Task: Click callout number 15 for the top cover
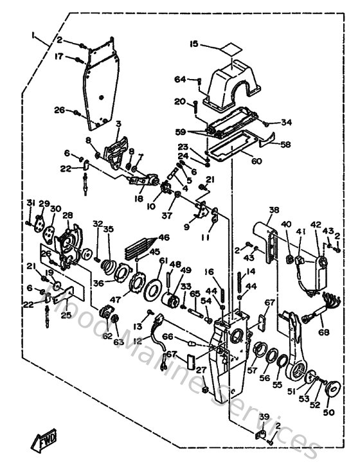click(x=194, y=45)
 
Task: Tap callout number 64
click(x=180, y=79)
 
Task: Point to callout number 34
click(x=286, y=122)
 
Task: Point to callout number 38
click(x=274, y=210)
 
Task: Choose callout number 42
click(x=316, y=224)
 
